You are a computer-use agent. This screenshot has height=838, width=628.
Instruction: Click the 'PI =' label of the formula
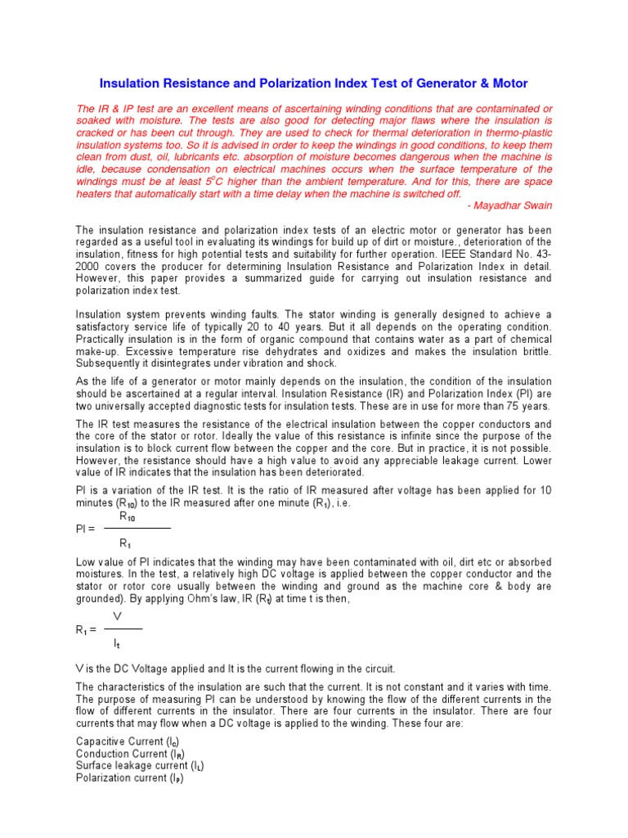point(85,529)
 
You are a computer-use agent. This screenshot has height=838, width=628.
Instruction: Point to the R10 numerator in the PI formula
point(129,517)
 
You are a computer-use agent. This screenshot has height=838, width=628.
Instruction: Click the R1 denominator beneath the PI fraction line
point(124,543)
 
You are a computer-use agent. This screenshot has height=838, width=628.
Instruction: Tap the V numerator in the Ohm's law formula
point(117,616)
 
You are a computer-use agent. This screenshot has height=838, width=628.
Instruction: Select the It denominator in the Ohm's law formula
point(118,643)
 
